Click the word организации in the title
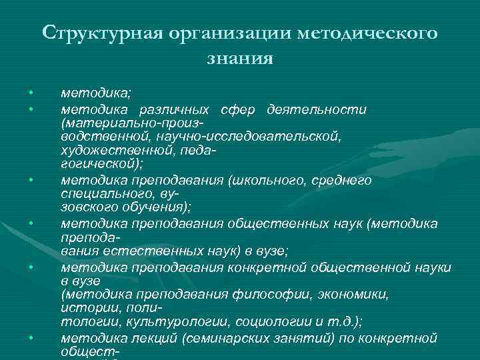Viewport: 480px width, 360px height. tap(229, 33)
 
